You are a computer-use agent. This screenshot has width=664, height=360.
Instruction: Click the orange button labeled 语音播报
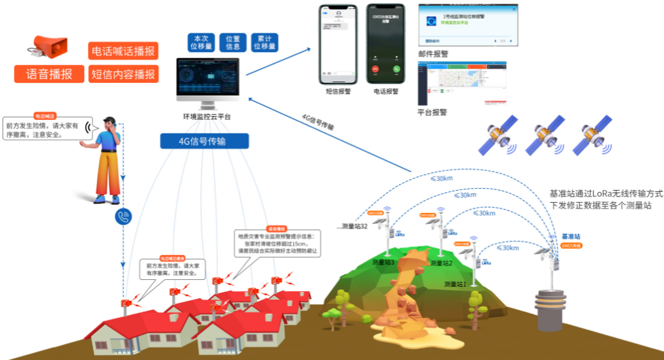49,74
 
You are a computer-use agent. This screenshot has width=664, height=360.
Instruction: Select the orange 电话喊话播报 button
123,51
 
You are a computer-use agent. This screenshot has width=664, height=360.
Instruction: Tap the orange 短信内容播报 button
123,74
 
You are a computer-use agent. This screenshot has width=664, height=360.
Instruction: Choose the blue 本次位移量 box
200,42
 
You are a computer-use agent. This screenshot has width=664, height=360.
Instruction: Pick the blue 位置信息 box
233,42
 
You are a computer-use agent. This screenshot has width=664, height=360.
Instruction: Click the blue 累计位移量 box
264,42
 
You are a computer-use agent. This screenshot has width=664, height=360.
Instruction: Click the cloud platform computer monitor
208,80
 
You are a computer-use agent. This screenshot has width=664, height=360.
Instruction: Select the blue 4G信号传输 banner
205,141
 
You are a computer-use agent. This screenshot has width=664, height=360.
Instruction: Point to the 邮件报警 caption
433,54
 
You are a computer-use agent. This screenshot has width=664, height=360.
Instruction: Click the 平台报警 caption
432,112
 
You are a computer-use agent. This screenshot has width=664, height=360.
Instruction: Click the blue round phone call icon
123,217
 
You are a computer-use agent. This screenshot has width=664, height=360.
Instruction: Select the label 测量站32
355,227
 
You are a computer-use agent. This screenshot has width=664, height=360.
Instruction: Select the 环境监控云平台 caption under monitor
207,117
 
